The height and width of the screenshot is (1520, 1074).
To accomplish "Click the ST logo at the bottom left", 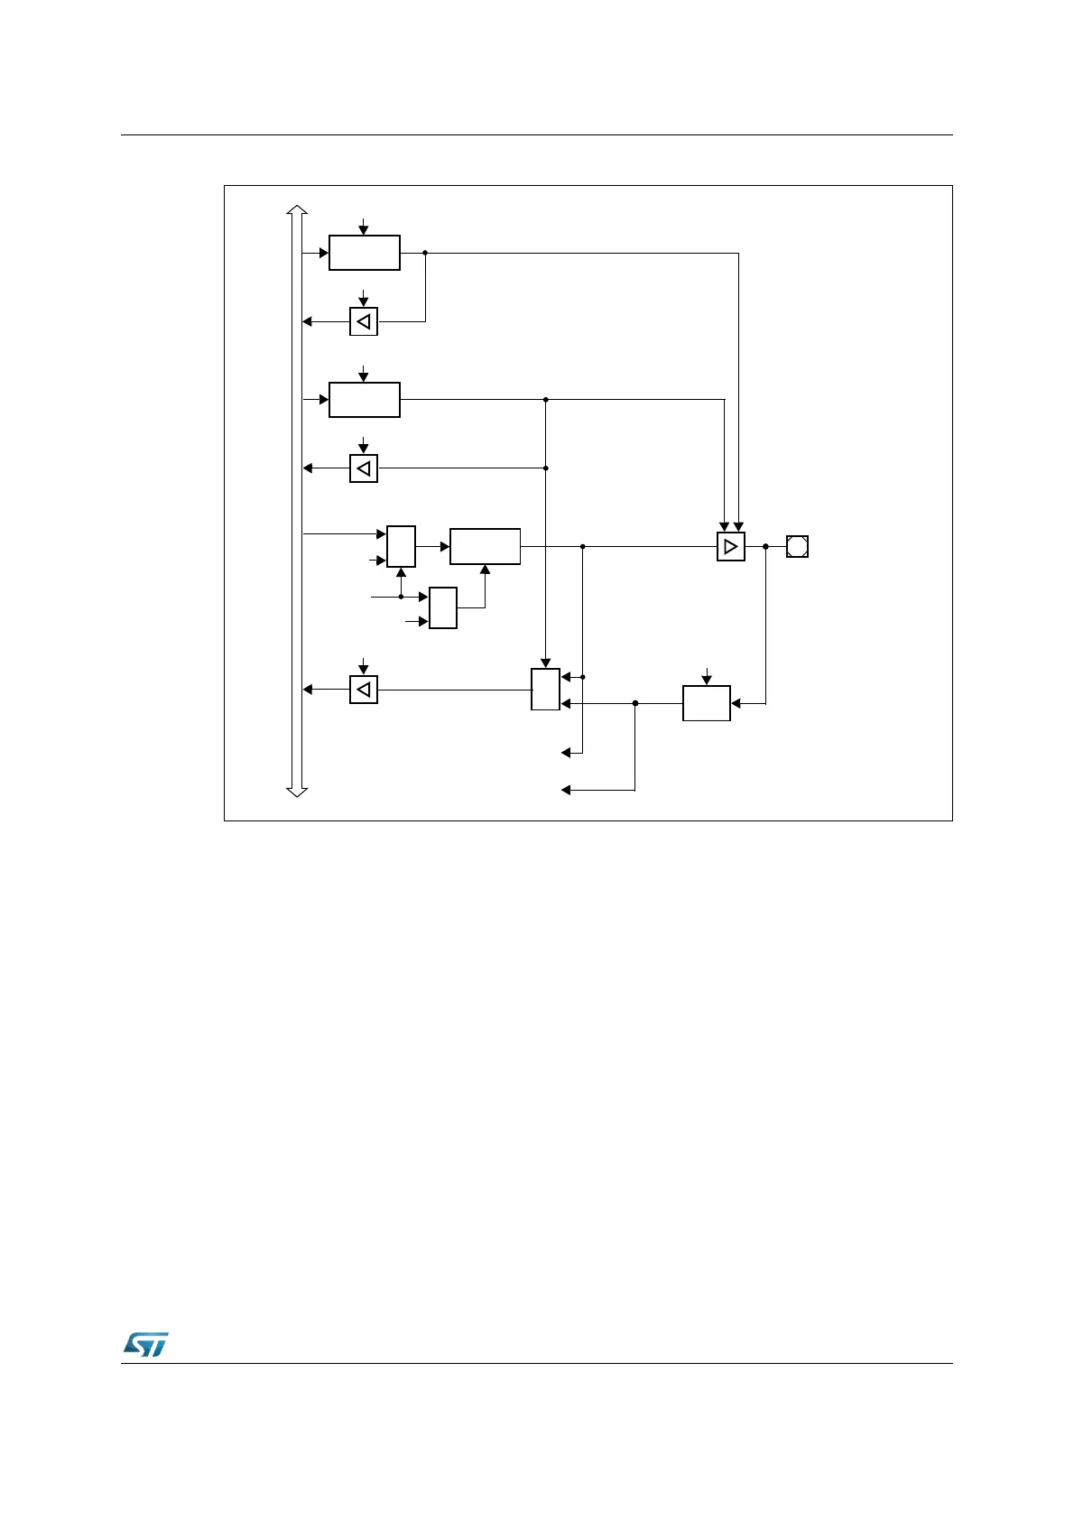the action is (145, 1344).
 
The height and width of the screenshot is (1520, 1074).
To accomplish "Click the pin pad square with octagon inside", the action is (797, 546).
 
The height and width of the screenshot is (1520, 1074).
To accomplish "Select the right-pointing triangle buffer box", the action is (731, 547).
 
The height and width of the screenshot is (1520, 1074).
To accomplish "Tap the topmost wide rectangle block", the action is (364, 253).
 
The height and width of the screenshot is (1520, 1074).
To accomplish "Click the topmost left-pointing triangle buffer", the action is (364, 321).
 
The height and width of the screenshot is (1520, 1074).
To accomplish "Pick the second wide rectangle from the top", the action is (364, 399).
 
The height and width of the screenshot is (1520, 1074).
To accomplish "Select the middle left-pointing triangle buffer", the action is (364, 468).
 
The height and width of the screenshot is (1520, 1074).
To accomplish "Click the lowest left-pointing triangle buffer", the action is (364, 690).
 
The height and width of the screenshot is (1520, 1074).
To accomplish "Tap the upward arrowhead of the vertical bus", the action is (297, 209).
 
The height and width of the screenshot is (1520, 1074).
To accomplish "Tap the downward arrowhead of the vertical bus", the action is (297, 792).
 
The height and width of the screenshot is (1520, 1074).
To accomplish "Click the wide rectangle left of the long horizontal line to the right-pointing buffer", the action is (485, 546).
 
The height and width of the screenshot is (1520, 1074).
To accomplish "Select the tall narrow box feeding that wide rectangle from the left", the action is (401, 546).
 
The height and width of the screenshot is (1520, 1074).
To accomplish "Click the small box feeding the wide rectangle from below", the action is (443, 607).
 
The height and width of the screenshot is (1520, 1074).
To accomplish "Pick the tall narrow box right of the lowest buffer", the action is (545, 690).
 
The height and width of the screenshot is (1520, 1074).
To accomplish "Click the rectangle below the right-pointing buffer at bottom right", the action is (706, 703).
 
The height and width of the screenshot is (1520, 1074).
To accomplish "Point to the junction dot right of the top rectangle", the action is (425, 253).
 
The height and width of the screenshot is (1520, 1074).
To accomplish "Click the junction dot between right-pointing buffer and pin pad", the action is (765, 546).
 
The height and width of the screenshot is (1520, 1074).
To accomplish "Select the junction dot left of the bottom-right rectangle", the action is (635, 703).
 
